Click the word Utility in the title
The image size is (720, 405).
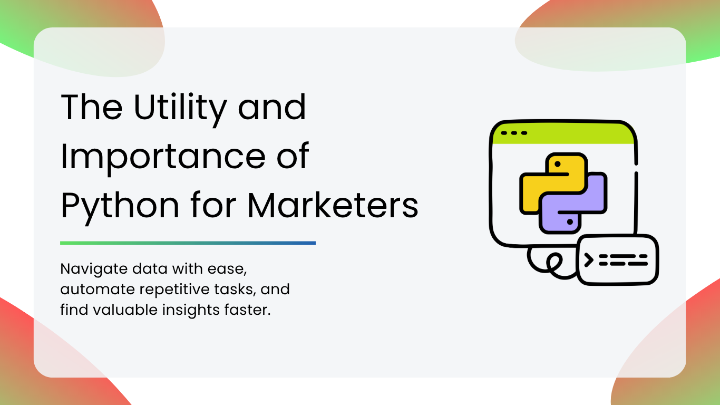180,109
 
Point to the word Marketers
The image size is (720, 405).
333,205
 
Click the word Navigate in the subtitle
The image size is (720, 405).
94,269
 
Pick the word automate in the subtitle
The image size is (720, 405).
98,290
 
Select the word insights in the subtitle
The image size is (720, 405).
191,310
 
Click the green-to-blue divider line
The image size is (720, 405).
188,243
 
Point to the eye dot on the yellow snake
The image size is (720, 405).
558,164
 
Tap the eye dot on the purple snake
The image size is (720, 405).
570,222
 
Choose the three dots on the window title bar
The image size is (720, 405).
514,133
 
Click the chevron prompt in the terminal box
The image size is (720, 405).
589,260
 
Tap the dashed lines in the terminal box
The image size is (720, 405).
623,260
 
